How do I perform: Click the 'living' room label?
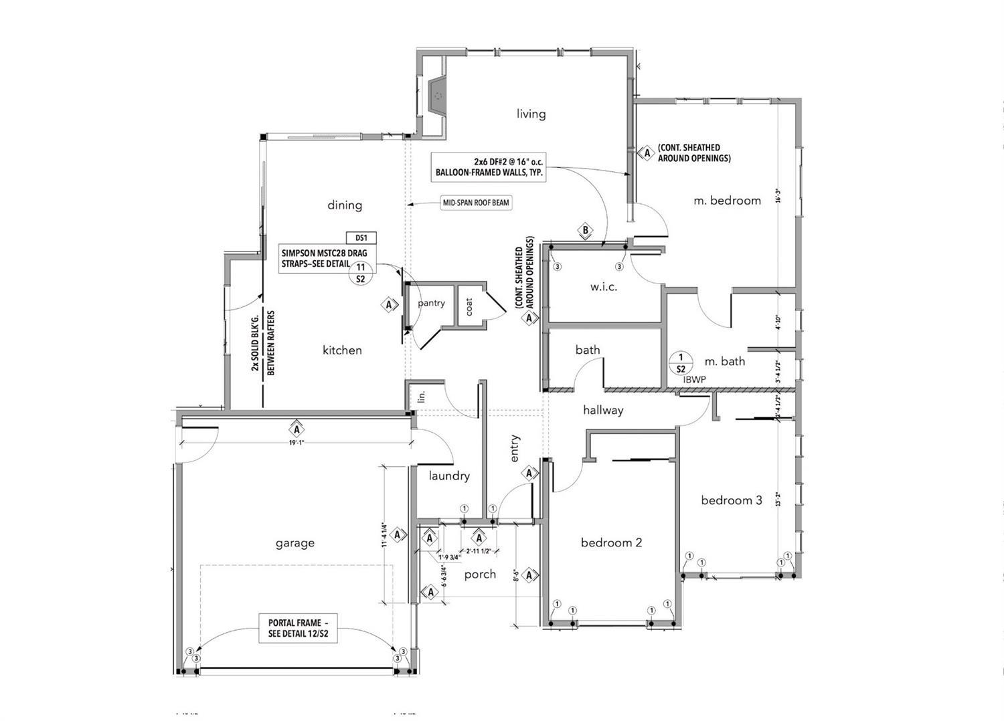531,114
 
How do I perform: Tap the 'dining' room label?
345,205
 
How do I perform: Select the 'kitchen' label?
342,350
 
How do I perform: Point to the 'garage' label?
295,542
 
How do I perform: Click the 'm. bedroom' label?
727,200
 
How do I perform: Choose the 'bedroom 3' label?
731,500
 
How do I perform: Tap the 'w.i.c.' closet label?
604,287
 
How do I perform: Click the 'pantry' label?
431,303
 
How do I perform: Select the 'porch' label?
480,574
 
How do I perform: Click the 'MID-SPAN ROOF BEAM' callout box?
475,203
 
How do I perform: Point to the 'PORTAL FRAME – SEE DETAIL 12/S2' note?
298,628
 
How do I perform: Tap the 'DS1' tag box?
361,238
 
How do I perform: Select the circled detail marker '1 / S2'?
681,363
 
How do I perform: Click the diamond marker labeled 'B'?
586,231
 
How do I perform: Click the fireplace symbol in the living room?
436,95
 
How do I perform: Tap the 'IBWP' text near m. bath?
694,379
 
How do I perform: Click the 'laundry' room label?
449,476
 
